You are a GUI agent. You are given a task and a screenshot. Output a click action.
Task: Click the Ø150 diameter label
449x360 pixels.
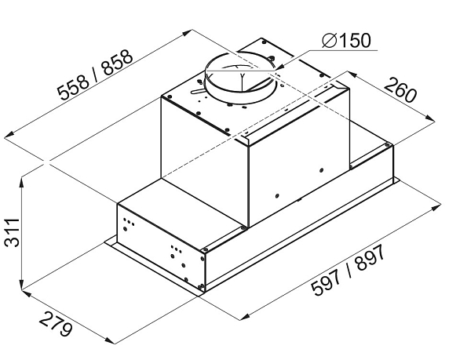click(x=346, y=41)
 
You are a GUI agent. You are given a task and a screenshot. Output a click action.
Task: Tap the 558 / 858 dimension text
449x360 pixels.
click(x=95, y=75)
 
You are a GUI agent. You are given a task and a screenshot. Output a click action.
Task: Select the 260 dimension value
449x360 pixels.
click(x=400, y=90)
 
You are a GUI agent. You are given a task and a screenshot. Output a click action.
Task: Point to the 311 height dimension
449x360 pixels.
click(x=12, y=232)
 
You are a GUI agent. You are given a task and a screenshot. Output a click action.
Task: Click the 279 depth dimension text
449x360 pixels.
click(x=56, y=324)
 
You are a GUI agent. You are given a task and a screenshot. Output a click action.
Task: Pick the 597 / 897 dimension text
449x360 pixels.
click(x=349, y=271)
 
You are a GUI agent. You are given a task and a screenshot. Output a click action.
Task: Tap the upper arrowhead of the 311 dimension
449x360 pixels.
click(x=22, y=182)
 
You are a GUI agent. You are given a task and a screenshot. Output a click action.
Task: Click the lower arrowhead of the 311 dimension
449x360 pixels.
click(x=22, y=284)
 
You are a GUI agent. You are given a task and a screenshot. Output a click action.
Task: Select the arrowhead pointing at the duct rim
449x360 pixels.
click(x=279, y=67)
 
